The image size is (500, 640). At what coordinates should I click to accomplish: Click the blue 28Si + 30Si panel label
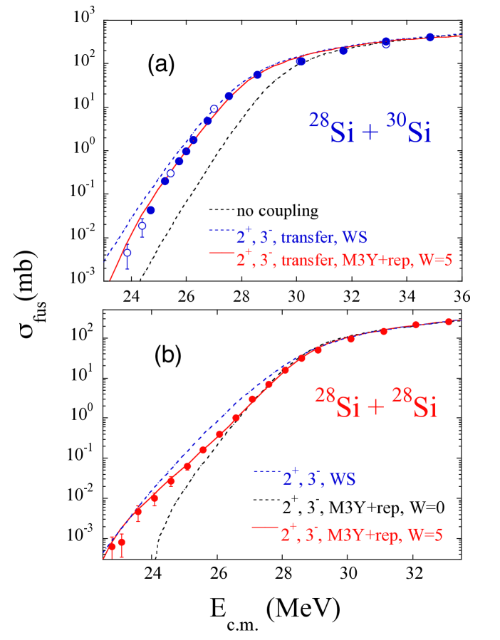click(370, 132)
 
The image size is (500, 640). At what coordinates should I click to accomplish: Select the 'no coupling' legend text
click(277, 211)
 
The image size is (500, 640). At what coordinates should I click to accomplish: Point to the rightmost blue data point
click(430, 37)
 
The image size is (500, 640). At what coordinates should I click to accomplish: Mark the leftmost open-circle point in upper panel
click(127, 253)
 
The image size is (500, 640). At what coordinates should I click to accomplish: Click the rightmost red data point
click(449, 322)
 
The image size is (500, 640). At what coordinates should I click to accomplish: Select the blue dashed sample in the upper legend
click(220, 231)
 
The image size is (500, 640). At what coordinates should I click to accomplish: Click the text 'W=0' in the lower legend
click(429, 508)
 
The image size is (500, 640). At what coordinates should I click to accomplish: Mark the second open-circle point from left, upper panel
click(142, 226)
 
